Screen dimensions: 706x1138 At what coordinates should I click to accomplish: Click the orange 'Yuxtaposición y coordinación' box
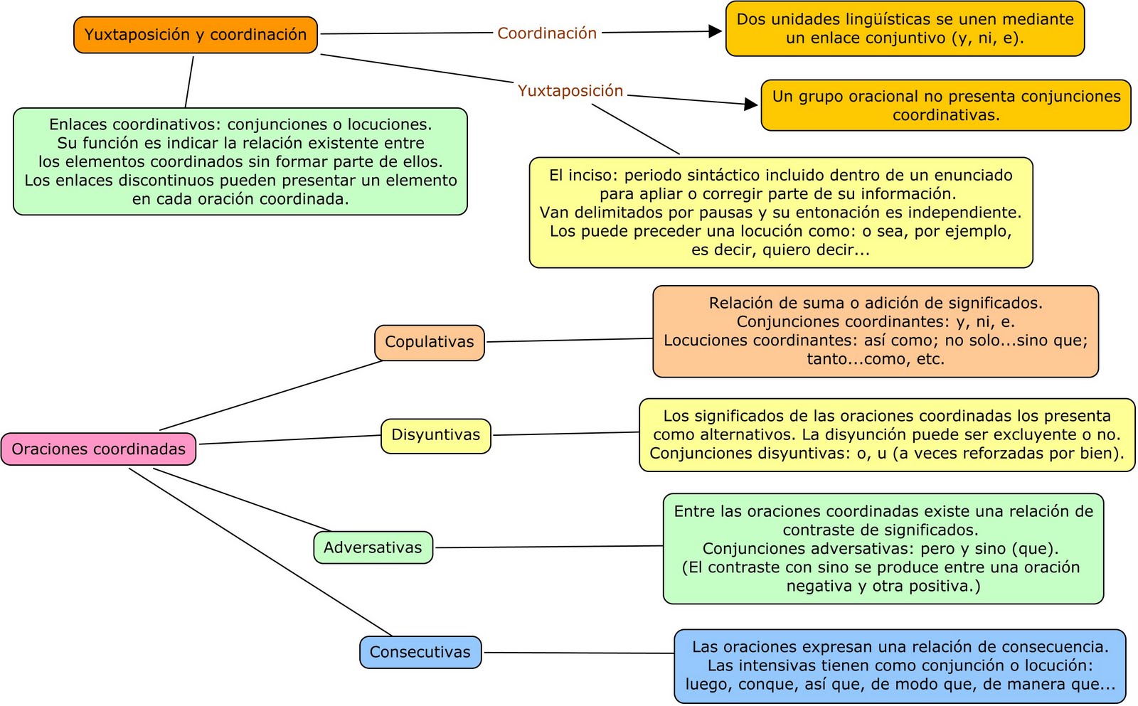pyautogui.click(x=195, y=35)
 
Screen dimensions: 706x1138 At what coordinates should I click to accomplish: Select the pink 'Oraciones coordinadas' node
pyautogui.click(x=98, y=449)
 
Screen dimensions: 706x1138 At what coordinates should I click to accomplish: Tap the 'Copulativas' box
pyautogui.click(x=429, y=342)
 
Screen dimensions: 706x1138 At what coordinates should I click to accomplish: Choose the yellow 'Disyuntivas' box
pyautogui.click(x=435, y=435)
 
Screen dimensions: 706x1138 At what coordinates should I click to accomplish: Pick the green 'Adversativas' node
pyautogui.click(x=373, y=547)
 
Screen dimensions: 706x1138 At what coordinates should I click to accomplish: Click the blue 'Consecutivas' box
pyautogui.click(x=420, y=652)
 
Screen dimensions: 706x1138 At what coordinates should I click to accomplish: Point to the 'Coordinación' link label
pyautogui.click(x=546, y=33)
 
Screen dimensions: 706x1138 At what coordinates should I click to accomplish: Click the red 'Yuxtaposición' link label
pyautogui.click(x=570, y=91)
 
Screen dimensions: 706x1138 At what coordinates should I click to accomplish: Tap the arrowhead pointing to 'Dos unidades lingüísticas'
pyautogui.click(x=716, y=31)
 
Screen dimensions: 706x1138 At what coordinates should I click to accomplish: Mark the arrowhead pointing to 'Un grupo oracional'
pyautogui.click(x=751, y=105)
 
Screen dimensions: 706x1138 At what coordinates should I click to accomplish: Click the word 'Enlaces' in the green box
pyautogui.click(x=77, y=124)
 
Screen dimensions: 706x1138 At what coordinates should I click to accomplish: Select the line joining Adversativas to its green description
pyautogui.click(x=548, y=547)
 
